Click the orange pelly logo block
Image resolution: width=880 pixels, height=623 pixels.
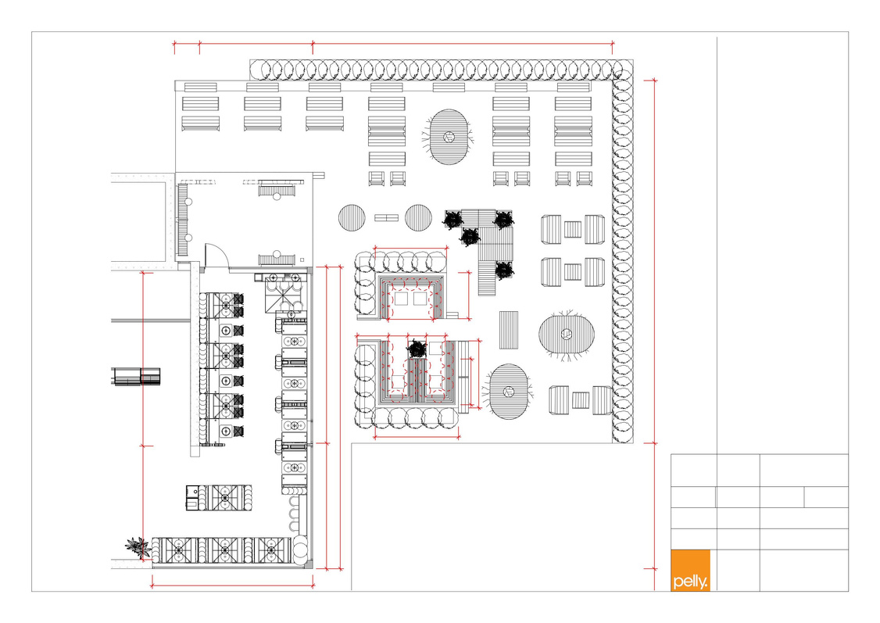pos(690,571)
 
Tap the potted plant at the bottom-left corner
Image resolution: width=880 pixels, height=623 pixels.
pos(137,546)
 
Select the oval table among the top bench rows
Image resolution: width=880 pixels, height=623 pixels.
pos(449,137)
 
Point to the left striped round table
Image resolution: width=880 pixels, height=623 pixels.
pos(352,218)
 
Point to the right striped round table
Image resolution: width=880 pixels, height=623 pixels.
pos(418,218)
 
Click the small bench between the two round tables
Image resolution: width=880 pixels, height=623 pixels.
pos(386,218)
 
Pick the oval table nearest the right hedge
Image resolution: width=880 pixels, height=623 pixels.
pos(567,335)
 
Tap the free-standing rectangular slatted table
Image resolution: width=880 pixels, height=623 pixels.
pos(509,330)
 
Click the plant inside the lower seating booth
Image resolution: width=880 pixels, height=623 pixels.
pos(417,349)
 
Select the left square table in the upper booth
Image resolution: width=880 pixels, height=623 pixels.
pos(401,299)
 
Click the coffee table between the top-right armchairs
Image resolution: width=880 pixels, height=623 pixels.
pos(573,230)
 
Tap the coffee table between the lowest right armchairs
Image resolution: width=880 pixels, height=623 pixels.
pos(581,400)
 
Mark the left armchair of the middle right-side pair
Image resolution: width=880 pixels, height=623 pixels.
pos(551,272)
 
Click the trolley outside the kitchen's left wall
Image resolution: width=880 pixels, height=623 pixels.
pos(136,377)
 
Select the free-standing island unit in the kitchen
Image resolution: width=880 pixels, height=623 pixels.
pos(219,498)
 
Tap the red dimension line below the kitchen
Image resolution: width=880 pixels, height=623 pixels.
pos(232,586)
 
